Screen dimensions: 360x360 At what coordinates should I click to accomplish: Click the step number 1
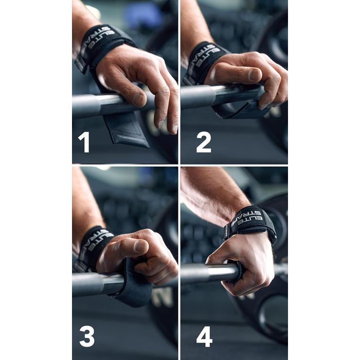[84, 142]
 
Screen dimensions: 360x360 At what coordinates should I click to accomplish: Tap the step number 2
[204, 142]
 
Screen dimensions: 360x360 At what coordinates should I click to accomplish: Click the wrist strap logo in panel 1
[98, 41]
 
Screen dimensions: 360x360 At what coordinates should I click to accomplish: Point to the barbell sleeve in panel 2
[195, 97]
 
